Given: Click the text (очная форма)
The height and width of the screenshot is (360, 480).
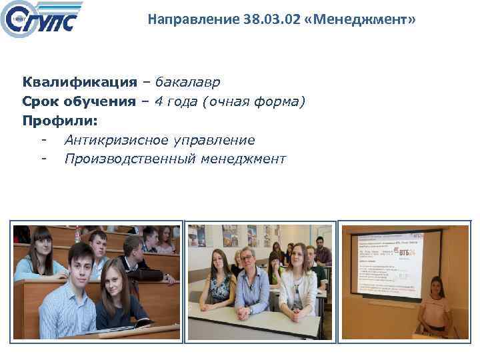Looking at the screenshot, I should point(255,102).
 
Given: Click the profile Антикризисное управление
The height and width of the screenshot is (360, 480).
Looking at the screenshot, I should point(159,141).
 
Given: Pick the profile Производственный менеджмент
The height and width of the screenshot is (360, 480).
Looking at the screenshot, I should point(175,159).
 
